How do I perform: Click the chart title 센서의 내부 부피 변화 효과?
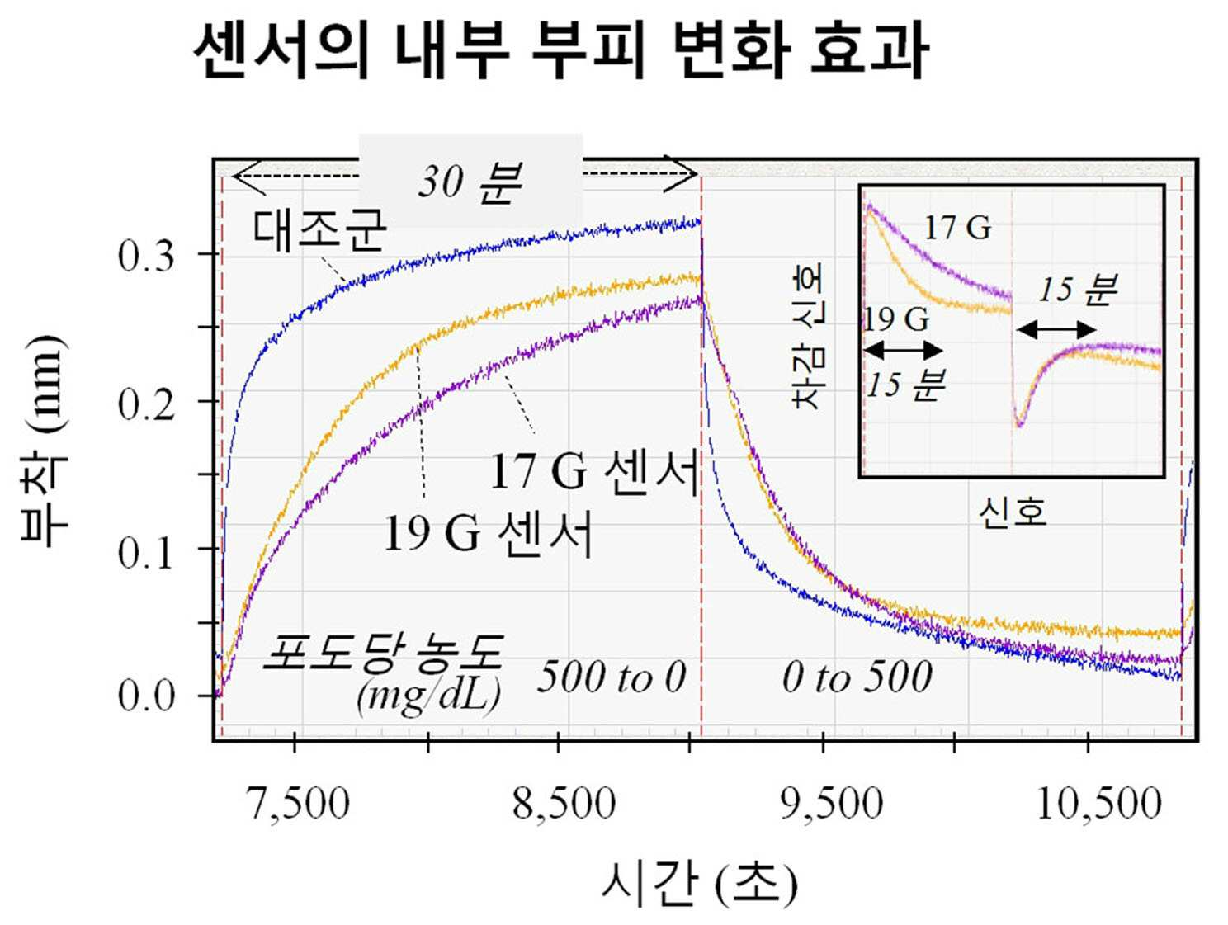click(560, 53)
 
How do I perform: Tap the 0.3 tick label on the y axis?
click(146, 257)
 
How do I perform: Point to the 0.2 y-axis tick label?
click(146, 404)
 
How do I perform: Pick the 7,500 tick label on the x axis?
click(298, 805)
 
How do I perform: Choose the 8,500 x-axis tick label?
click(564, 805)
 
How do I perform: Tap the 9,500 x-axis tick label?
click(831, 805)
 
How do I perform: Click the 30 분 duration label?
click(470, 182)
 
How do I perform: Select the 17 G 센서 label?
click(596, 473)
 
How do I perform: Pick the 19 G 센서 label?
click(488, 534)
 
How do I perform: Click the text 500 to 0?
click(612, 677)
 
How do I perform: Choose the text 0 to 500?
click(857, 677)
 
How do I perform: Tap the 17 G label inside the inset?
click(957, 229)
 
